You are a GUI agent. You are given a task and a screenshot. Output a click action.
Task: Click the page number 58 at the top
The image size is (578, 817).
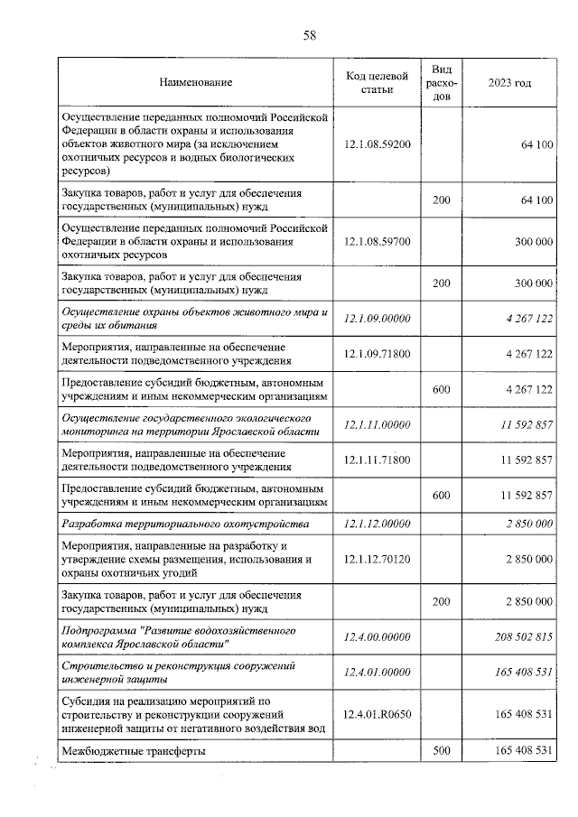[x=309, y=35]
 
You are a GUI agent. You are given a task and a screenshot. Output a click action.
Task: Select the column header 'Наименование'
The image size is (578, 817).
[x=196, y=83]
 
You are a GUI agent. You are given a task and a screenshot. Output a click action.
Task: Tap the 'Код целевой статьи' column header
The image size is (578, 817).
[x=378, y=83]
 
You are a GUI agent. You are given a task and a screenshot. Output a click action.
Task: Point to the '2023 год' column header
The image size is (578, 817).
[x=509, y=83]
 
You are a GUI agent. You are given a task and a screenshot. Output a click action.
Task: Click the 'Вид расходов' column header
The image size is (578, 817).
[x=442, y=83]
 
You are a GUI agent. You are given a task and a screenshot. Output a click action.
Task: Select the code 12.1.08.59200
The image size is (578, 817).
[x=378, y=144]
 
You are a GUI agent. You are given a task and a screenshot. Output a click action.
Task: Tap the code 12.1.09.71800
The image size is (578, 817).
[x=378, y=354]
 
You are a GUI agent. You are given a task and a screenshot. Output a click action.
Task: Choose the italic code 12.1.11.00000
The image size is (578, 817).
[x=378, y=425]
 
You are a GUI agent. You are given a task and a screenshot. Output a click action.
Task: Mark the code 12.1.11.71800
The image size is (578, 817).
[x=378, y=460]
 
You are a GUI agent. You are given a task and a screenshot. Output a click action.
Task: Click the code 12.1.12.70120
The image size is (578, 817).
[x=378, y=559]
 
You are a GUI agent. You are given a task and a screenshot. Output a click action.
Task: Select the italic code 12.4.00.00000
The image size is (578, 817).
[x=378, y=636]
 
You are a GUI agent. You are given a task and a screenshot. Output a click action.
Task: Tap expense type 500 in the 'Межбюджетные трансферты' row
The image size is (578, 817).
[x=442, y=750]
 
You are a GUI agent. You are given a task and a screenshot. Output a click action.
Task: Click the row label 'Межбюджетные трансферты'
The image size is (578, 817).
[x=133, y=751]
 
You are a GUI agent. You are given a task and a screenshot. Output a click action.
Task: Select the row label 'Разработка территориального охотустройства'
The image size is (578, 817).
[x=184, y=524]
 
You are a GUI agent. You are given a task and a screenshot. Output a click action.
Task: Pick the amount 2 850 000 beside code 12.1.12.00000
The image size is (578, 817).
[x=529, y=524]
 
